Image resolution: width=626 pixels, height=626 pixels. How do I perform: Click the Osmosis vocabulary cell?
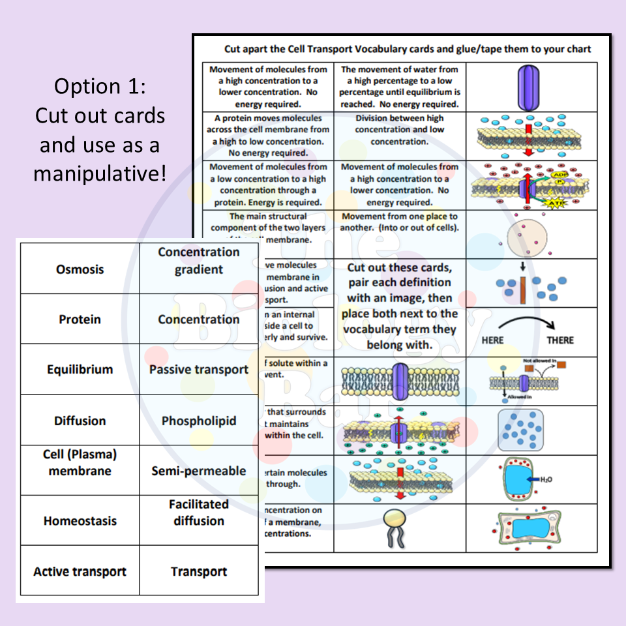pyautogui.click(x=80, y=269)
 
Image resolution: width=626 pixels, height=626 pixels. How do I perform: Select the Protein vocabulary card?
pyautogui.click(x=80, y=320)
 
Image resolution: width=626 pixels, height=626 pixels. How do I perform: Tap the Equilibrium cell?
pyautogui.click(x=80, y=370)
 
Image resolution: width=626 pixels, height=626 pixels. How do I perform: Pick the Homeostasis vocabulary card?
pyautogui.click(x=80, y=521)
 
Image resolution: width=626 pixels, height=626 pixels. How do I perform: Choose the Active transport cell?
pyautogui.click(x=80, y=572)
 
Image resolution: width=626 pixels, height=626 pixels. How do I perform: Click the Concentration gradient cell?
pyautogui.click(x=199, y=261)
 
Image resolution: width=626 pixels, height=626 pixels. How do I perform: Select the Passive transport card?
pyautogui.click(x=199, y=370)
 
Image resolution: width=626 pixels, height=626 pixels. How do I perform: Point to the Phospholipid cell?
pyautogui.click(x=199, y=421)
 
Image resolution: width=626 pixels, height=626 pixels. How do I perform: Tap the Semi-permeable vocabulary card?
pyautogui.click(x=199, y=471)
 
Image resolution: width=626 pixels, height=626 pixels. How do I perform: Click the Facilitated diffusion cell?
pyautogui.click(x=199, y=513)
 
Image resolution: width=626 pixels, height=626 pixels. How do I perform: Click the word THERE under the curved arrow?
pyautogui.click(x=560, y=340)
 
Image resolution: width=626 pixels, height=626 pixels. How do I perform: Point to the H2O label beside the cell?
pyautogui.click(x=546, y=479)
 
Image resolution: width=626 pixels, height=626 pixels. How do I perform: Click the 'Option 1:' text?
pyautogui.click(x=100, y=86)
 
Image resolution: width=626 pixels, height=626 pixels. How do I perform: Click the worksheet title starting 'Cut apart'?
pyautogui.click(x=408, y=49)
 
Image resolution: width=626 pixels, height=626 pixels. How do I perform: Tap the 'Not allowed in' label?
pyautogui.click(x=538, y=360)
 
